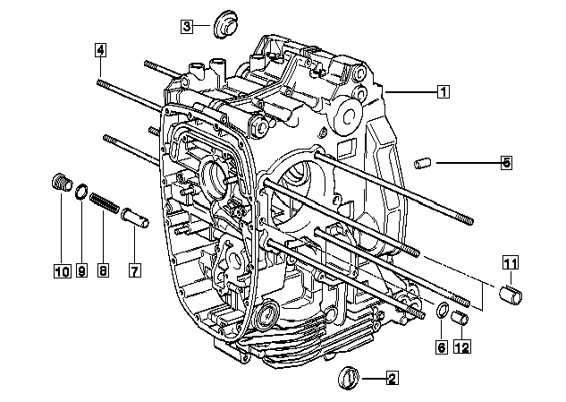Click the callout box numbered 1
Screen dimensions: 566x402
pos(444,91)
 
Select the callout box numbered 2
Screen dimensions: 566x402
pos(393,379)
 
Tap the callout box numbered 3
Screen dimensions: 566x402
pos(187,26)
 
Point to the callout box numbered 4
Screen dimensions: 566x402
pos(101,50)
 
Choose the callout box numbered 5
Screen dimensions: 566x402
pos(507,163)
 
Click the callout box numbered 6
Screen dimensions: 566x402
pos(442,347)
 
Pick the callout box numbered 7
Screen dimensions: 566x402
pos(135,270)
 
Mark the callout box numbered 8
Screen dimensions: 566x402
pos(103,270)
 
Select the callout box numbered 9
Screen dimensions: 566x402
pos(82,270)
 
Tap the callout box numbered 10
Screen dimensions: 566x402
pos(63,270)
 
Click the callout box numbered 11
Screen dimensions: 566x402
pos(511,263)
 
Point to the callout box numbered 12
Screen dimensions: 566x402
pos(462,347)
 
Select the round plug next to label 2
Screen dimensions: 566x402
pos(349,378)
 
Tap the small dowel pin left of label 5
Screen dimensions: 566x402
pos(423,163)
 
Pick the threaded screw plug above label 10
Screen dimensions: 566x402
pos(62,184)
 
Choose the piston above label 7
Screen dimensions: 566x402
pos(135,218)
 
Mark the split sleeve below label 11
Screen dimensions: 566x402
pos(511,295)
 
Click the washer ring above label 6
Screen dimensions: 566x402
pos(443,310)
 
